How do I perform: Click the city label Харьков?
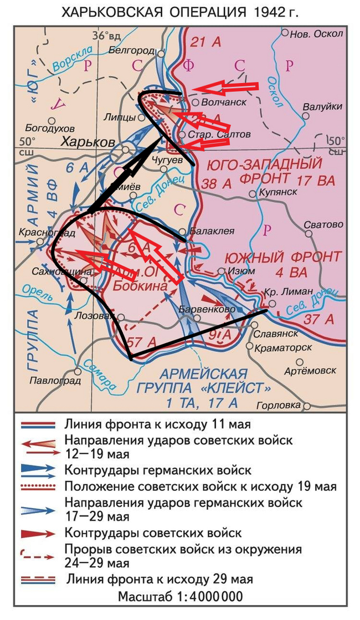[88, 142]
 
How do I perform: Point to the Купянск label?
[277, 192]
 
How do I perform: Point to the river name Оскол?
[275, 93]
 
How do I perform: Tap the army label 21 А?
[205, 43]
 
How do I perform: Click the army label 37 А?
[319, 319]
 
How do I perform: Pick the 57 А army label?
[138, 340]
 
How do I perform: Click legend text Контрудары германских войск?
[158, 470]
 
